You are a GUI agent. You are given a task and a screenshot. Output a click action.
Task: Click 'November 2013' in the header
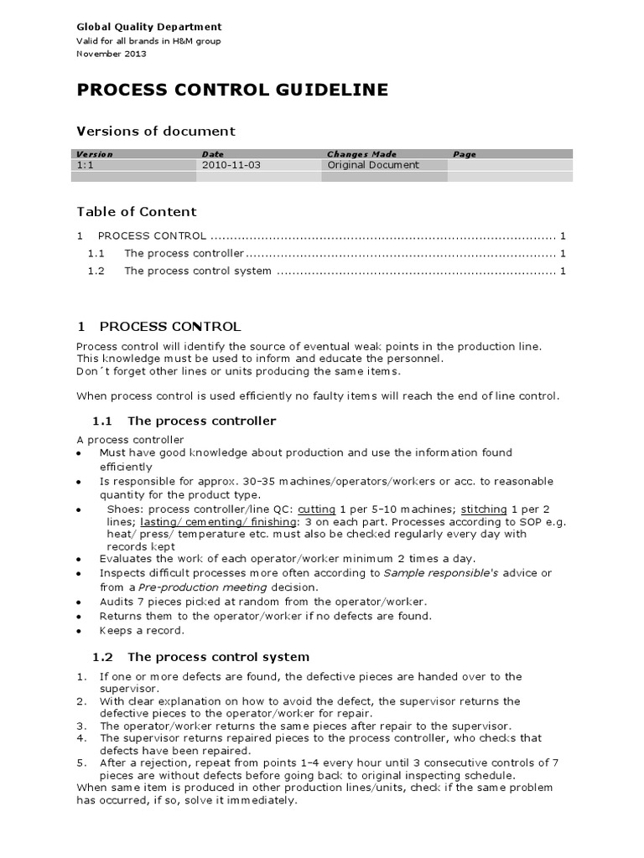click(x=111, y=54)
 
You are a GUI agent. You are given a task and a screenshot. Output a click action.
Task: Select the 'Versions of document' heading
click(x=156, y=132)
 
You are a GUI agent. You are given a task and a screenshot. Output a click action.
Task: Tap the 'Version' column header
click(x=94, y=154)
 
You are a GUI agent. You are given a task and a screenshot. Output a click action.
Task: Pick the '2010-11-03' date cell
click(x=231, y=165)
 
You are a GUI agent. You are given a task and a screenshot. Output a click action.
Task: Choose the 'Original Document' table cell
click(x=373, y=165)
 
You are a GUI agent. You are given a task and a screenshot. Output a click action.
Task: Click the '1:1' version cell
click(x=85, y=165)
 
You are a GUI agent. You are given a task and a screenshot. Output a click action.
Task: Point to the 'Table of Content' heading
click(x=137, y=212)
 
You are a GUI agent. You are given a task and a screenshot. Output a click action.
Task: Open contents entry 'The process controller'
click(x=184, y=253)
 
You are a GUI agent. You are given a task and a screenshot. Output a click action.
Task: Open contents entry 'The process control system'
click(x=198, y=271)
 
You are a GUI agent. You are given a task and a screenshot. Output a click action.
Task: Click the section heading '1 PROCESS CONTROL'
click(x=158, y=326)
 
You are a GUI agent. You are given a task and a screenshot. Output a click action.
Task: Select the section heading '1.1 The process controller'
click(x=184, y=421)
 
